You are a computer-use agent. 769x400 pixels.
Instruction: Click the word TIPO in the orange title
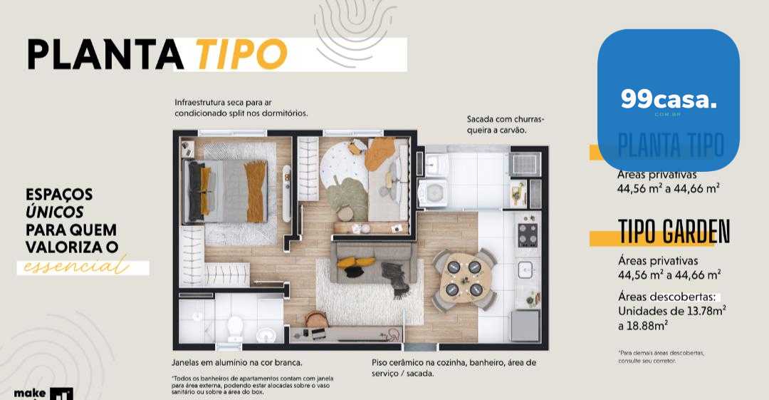coord(241,53)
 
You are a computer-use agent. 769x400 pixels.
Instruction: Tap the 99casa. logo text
coord(669,99)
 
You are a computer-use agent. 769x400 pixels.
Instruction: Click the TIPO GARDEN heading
coord(674,231)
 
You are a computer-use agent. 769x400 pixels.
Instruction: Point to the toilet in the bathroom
coord(233,327)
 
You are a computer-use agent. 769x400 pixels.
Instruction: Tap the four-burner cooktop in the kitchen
coord(528,235)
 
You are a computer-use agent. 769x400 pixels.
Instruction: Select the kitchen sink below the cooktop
coord(526,270)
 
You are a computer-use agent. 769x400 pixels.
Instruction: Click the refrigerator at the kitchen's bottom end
coord(525,325)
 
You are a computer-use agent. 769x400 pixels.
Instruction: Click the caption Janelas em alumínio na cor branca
coord(237,362)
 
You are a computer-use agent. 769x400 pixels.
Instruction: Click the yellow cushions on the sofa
coord(350,263)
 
